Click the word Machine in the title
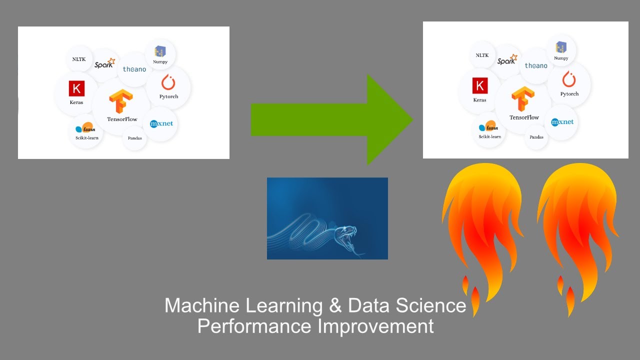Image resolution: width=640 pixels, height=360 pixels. (x=201, y=305)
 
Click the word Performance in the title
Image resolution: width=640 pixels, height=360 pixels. (x=254, y=326)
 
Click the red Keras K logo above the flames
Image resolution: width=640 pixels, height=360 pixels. (x=479, y=86)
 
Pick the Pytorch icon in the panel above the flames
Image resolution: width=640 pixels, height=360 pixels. (x=569, y=79)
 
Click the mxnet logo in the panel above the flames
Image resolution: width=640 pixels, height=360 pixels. (x=562, y=122)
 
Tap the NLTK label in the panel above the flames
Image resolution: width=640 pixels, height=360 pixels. (x=482, y=55)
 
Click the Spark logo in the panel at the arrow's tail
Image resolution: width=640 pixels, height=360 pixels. (x=104, y=63)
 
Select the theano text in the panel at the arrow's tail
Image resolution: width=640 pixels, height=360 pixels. (x=134, y=69)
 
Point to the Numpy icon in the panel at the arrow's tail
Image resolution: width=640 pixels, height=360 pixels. (x=160, y=51)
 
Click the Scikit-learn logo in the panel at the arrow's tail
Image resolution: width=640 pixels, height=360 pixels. (x=85, y=128)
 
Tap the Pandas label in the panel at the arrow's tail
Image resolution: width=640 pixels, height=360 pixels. (x=134, y=138)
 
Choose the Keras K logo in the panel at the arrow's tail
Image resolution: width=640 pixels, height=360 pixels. (x=76, y=89)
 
